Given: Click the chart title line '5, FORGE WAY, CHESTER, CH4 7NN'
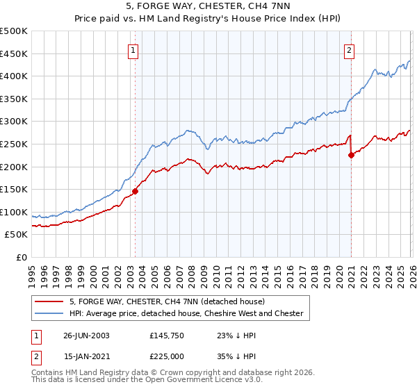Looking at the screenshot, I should (208, 8).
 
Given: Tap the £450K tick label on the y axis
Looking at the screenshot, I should (14, 53).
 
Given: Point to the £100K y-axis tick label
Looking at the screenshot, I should (14, 212).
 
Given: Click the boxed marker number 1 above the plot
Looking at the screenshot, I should (132, 49).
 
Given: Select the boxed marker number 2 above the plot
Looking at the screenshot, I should (348, 49).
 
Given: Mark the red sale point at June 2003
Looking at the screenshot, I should (136, 191).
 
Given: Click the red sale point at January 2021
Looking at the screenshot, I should (351, 156).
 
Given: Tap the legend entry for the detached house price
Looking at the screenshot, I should (167, 301).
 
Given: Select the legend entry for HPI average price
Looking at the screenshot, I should (186, 313).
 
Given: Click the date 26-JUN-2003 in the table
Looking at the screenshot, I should (86, 335).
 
